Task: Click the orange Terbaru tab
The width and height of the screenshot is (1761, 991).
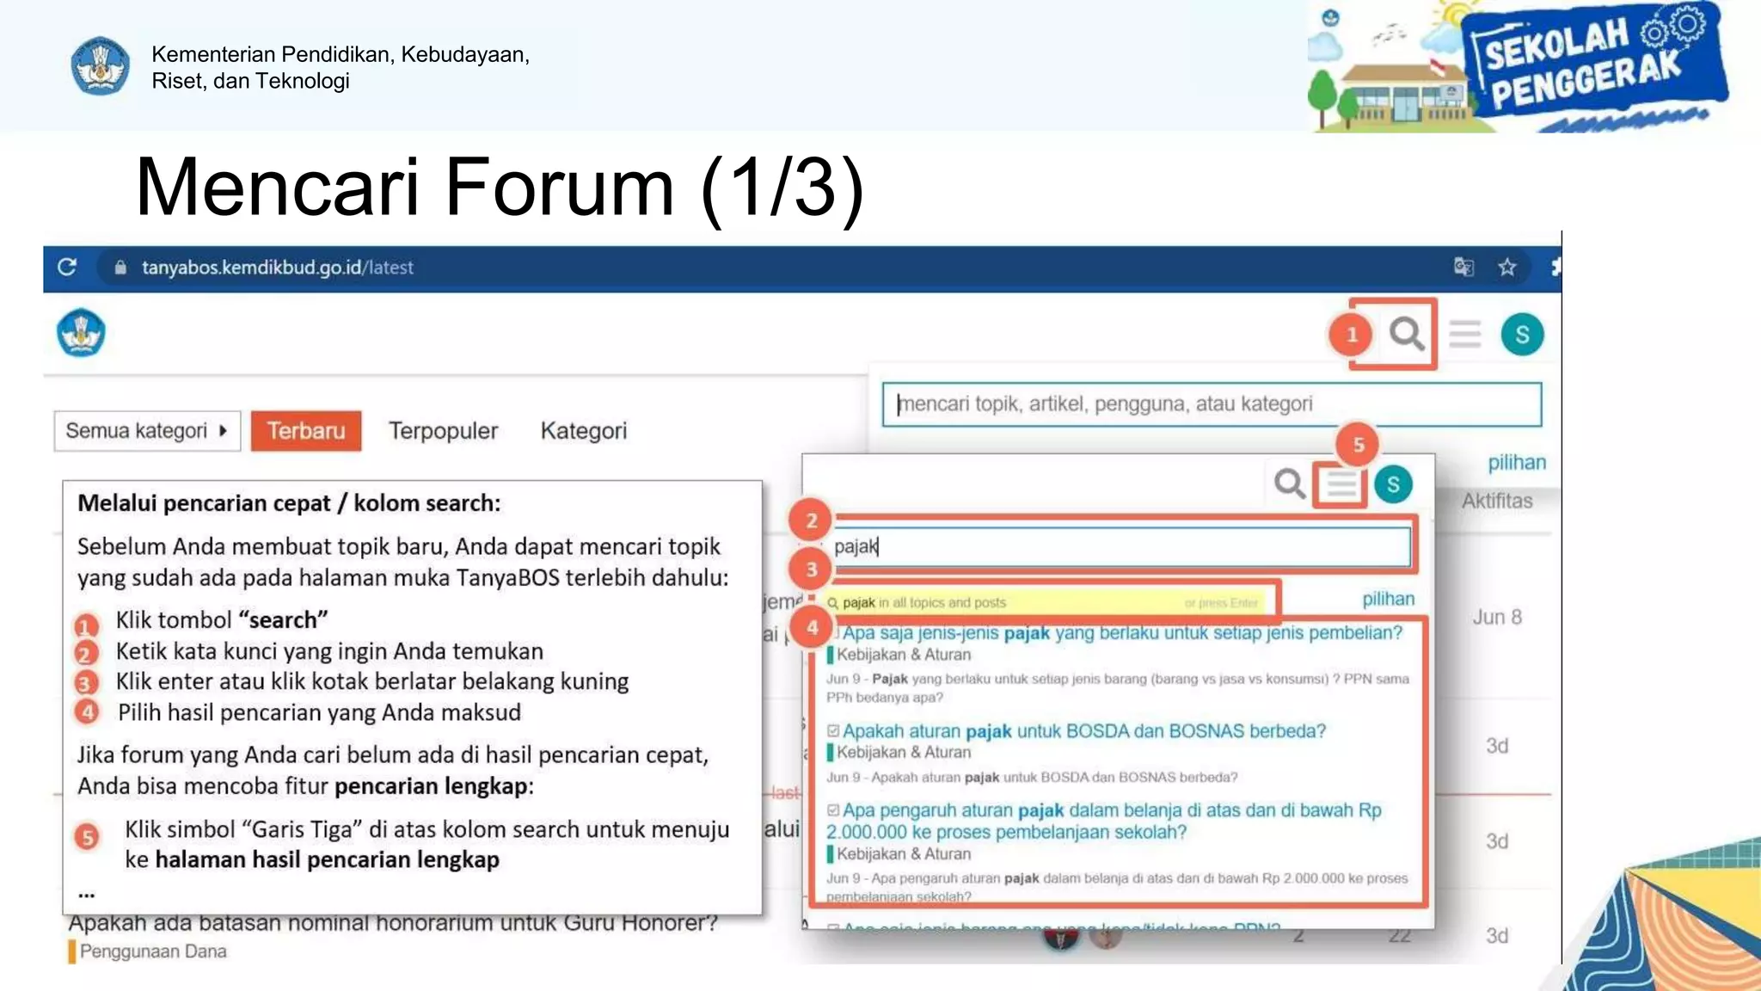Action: (305, 431)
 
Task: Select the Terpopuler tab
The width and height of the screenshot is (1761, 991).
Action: (443, 431)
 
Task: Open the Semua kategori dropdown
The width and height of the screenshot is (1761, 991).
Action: (146, 431)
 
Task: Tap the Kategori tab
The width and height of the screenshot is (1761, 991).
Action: (583, 431)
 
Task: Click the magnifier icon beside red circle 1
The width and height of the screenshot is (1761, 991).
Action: (1407, 333)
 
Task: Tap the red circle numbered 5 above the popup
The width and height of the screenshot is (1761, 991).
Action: (1358, 445)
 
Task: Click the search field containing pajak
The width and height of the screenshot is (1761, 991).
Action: (1118, 547)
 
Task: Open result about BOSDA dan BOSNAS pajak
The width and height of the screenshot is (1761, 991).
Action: (1083, 731)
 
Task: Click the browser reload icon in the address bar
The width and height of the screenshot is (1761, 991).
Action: (67, 268)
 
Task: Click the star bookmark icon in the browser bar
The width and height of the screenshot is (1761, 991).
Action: (1507, 268)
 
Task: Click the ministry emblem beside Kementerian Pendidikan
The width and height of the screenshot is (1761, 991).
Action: (100, 66)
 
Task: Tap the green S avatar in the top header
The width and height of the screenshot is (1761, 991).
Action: (1522, 334)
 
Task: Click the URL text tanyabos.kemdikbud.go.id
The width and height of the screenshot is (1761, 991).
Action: (251, 268)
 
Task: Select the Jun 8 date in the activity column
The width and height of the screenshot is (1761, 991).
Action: (1497, 617)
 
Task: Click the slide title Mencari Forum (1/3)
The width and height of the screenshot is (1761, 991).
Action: (500, 187)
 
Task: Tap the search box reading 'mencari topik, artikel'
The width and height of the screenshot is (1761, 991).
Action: (1211, 404)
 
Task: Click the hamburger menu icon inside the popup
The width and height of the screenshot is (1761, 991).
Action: (1341, 484)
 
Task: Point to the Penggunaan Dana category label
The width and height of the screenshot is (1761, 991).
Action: (152, 951)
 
